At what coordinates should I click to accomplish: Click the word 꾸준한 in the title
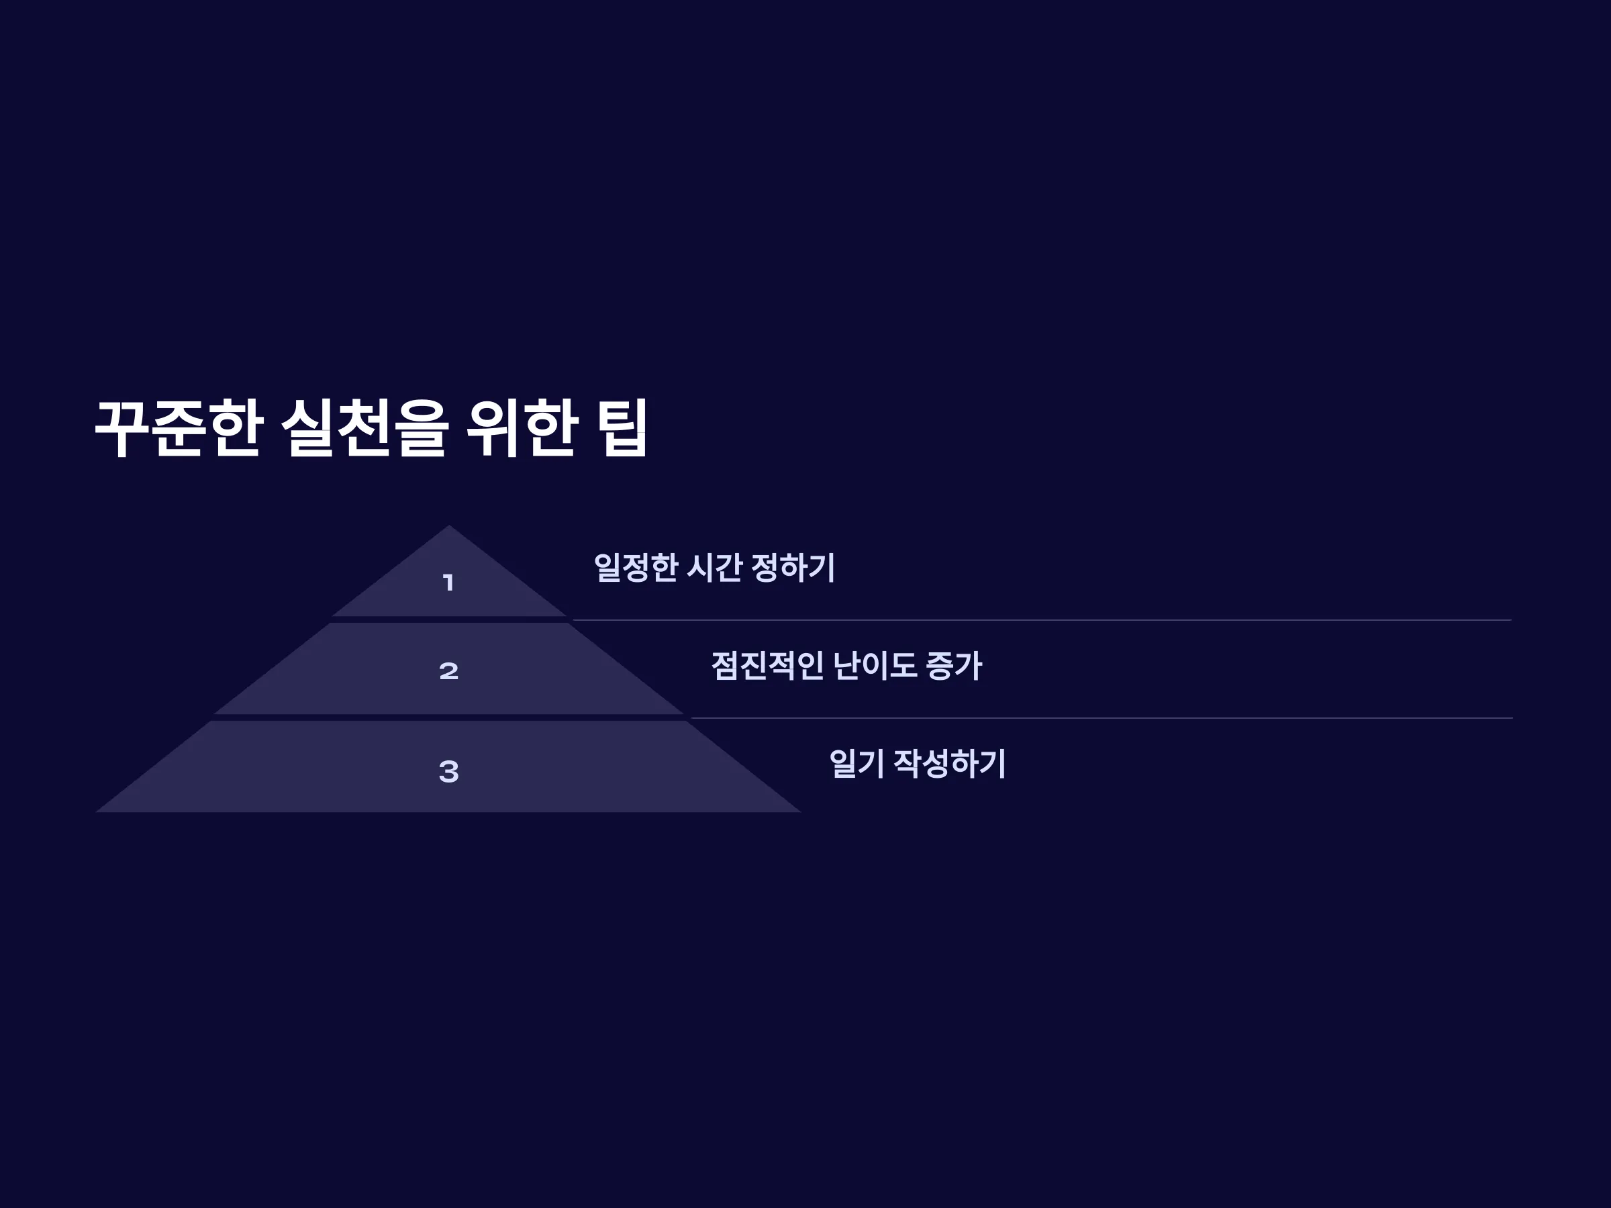(179, 428)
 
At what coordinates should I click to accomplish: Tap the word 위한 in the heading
(523, 428)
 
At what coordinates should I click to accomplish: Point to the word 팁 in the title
(623, 428)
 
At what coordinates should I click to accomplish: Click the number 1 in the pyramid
(448, 583)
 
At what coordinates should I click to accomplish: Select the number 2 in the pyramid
(448, 670)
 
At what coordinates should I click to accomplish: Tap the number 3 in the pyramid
(448, 771)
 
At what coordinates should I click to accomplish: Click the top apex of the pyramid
(448, 525)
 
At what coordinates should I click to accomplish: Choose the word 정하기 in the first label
(793, 567)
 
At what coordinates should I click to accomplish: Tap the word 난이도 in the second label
(874, 666)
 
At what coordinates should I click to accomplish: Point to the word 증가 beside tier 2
(954, 666)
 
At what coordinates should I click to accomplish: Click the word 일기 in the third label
(857, 764)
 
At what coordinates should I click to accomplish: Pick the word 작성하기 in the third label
(950, 764)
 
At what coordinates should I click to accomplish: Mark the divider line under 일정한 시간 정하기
(1042, 620)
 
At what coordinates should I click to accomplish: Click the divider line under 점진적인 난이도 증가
(1102, 718)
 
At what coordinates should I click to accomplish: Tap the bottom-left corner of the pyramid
(96, 812)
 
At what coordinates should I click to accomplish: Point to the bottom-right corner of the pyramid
(801, 812)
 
